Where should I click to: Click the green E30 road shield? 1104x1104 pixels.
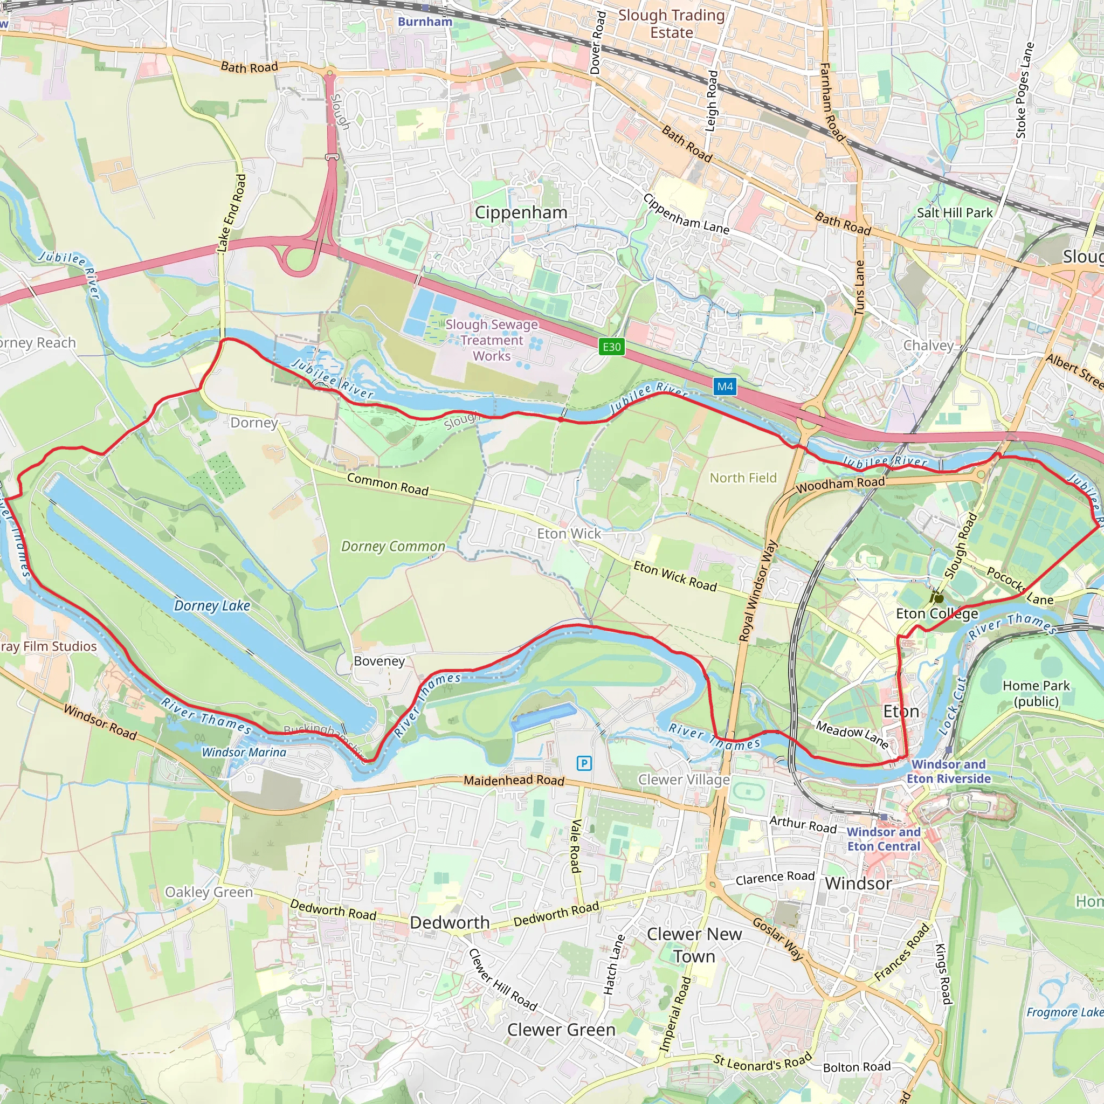point(611,347)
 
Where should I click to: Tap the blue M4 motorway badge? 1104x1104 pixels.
point(724,387)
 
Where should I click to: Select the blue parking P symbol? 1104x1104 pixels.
point(584,763)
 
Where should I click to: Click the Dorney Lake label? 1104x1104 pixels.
point(212,606)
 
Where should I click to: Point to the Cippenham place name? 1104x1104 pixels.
point(521,212)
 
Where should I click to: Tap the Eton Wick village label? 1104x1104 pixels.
point(569,534)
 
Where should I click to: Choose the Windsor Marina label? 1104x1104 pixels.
point(244,753)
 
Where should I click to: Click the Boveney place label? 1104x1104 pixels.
point(379,661)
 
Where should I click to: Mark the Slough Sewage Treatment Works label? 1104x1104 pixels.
point(492,340)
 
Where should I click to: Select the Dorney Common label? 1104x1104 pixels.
point(393,546)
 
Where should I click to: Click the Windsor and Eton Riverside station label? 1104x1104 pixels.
point(949,771)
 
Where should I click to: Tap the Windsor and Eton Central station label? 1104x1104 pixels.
point(884,839)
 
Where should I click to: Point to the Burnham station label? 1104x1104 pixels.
point(425,22)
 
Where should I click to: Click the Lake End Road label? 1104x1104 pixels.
point(231,213)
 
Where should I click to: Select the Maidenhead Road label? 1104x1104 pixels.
point(514,780)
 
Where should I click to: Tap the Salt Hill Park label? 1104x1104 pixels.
point(955,212)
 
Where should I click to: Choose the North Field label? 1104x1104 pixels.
point(743,478)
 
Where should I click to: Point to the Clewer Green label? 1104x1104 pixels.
point(561,1030)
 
